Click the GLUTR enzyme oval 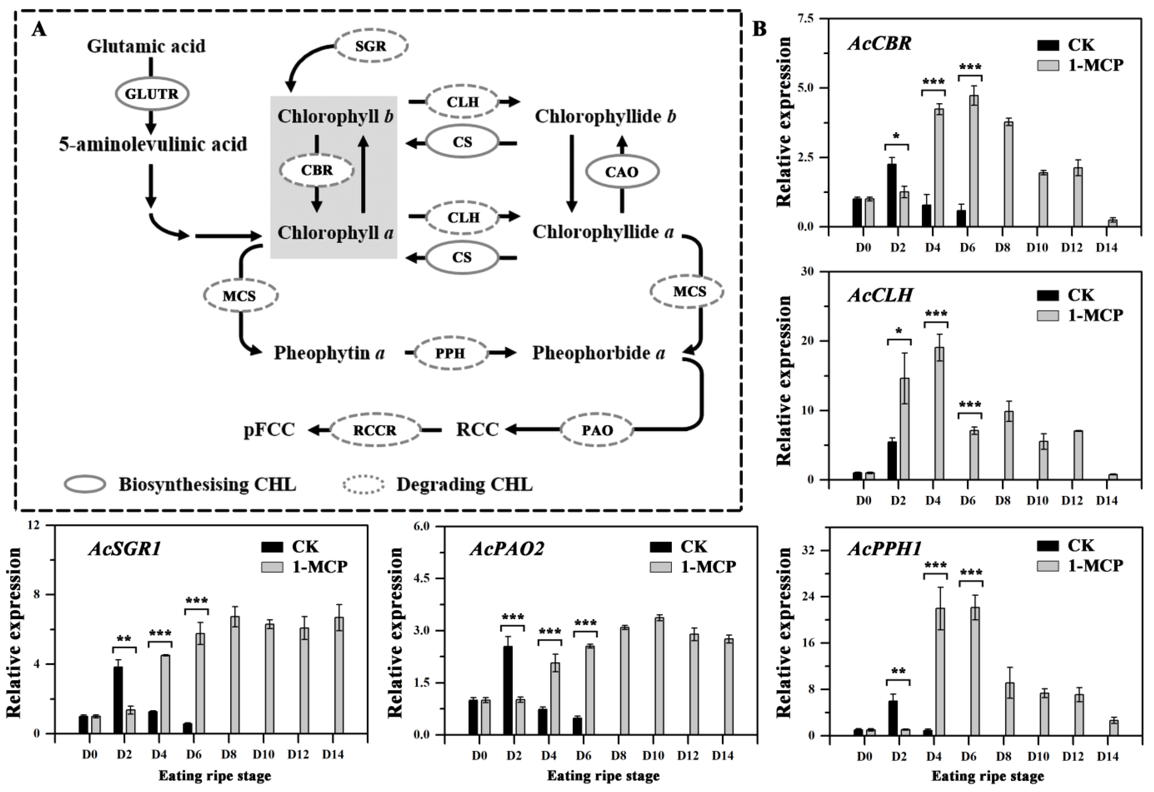(152, 93)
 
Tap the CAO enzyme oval (622, 172)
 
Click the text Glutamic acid (146, 46)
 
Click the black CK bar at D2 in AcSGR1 (118, 700)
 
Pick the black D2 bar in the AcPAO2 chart (508, 690)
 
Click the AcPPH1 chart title (885, 549)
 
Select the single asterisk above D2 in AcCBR (896, 136)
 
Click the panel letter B (760, 29)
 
